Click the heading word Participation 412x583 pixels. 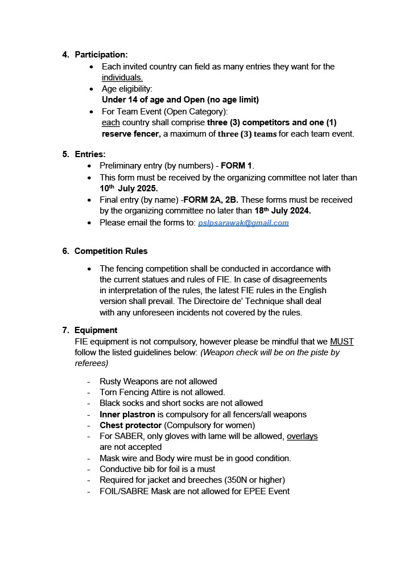101,55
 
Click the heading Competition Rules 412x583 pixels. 111,251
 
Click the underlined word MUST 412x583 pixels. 341,342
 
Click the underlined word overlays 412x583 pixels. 302,436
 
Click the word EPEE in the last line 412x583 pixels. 247,491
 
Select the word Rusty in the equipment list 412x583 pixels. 112,381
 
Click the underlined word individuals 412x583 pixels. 122,77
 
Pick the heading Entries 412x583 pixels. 90,154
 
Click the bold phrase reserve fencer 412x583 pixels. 131,134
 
